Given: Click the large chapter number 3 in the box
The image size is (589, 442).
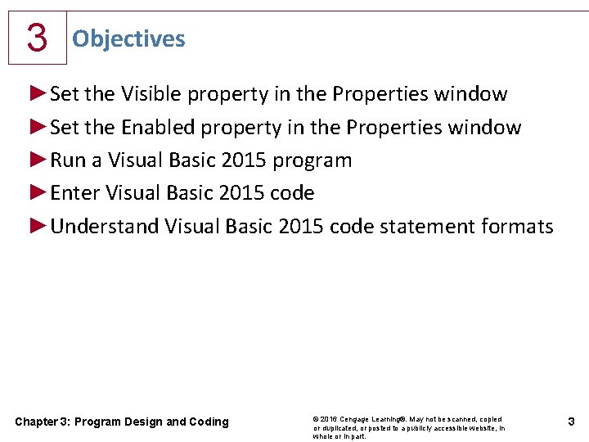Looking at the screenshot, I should (x=36, y=38).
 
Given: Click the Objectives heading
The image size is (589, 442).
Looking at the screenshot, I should (x=128, y=38).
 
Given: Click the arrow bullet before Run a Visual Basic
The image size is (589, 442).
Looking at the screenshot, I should (x=38, y=160).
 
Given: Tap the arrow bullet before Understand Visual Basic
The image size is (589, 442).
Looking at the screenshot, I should (x=38, y=226).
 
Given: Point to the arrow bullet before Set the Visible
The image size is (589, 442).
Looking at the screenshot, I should (x=38, y=94).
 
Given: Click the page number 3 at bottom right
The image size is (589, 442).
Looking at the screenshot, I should (x=571, y=422).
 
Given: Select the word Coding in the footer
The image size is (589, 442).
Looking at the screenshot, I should (x=209, y=422).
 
